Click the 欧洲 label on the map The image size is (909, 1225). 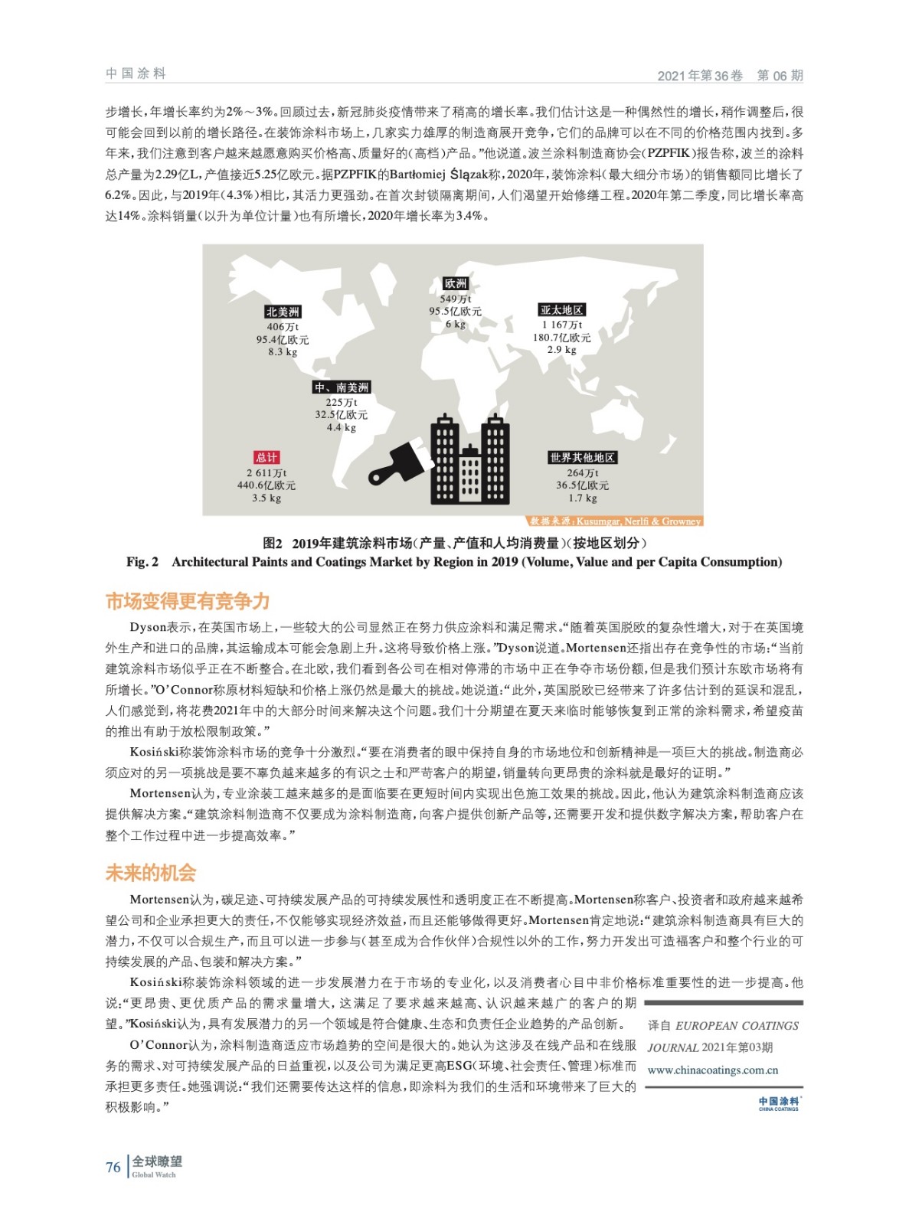[456, 284]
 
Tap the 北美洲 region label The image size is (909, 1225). [283, 312]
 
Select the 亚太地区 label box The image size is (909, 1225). [562, 310]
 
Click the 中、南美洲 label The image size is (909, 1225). [342, 387]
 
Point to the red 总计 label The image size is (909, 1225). [266, 457]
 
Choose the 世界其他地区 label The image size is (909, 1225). [582, 457]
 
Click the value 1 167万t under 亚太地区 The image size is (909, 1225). [562, 325]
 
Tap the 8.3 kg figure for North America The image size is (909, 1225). [283, 352]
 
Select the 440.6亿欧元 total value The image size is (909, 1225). [266, 485]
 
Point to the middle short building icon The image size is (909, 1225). [470, 475]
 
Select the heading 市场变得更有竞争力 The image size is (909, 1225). [188, 601]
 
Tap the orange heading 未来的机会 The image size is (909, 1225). [151, 873]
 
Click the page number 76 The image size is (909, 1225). [113, 1168]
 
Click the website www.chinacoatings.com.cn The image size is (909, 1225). [712, 1070]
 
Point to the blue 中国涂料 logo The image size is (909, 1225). [778, 1102]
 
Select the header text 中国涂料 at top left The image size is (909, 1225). [136, 73]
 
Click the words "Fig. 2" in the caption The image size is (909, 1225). [142, 562]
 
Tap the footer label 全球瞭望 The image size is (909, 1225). [157, 1161]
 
